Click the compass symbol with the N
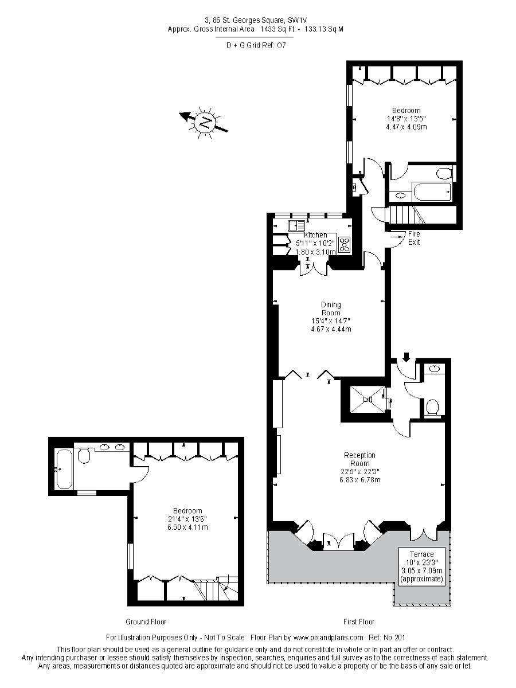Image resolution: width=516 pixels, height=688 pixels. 204,123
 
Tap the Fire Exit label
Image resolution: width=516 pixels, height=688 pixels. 414,238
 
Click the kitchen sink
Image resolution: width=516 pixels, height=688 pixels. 296,226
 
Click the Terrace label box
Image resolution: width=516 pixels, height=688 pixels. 422,566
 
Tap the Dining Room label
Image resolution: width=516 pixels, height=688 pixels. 331,308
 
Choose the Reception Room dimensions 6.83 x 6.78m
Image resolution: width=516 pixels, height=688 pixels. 360,479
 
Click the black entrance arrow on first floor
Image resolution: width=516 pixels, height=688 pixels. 406,357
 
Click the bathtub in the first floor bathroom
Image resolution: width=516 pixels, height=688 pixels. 432,191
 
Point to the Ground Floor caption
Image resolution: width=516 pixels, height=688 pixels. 146,621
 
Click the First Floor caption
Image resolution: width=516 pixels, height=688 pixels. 359,621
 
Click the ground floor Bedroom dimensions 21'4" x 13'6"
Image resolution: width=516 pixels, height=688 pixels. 187,518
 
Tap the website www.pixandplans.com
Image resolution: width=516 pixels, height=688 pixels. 329,637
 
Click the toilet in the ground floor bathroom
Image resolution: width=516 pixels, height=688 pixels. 83,455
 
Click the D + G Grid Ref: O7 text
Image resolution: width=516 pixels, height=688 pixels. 256,45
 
